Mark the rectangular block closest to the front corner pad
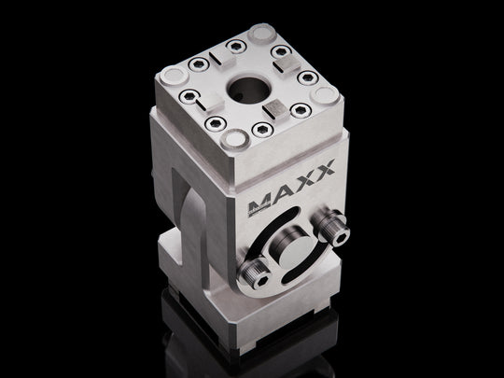[x=274, y=110]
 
